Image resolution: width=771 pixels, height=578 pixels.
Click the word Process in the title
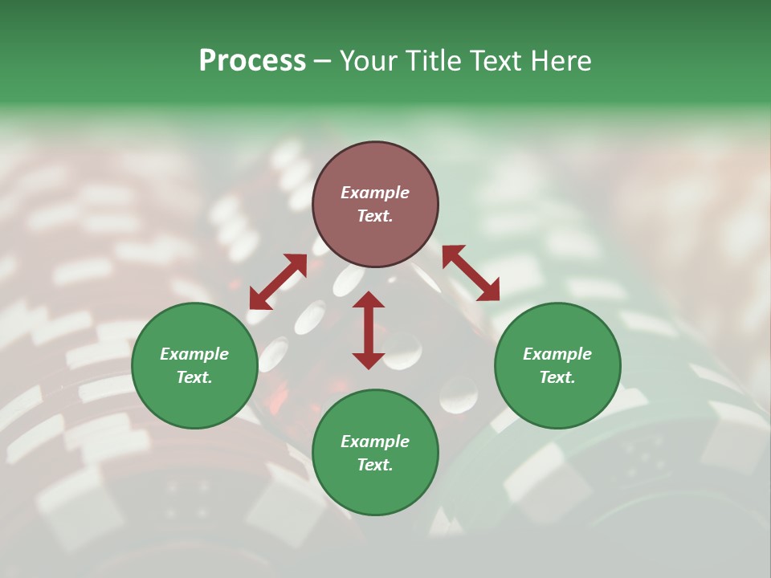tap(252, 61)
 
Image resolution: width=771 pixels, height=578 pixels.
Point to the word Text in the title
tap(495, 61)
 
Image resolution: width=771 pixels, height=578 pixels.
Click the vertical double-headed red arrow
tap(369, 330)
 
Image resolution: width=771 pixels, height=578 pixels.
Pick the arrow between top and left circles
tap(278, 281)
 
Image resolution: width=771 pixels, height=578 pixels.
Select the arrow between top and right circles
tap(471, 273)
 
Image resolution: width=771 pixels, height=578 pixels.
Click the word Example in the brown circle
tap(375, 193)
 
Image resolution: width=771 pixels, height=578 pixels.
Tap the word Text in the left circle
tap(194, 377)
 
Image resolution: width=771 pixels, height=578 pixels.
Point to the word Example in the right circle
tap(557, 354)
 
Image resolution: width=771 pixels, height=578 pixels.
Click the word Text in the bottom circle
tap(375, 465)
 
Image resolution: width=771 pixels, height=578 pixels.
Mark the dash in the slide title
tap(322, 63)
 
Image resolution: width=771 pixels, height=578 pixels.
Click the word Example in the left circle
tap(194, 354)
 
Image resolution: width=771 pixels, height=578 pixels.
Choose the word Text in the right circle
tap(557, 377)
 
